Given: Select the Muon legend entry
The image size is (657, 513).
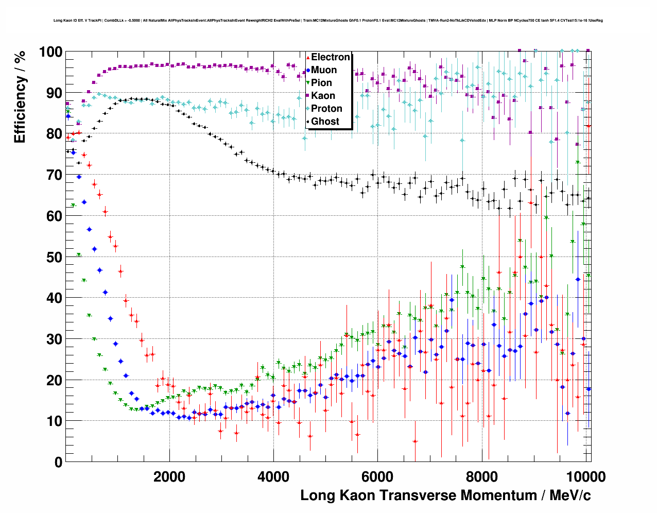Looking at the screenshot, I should [324, 70].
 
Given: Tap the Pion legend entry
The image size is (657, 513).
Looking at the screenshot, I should [321, 83].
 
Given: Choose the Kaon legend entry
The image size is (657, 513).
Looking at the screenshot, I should [323, 96].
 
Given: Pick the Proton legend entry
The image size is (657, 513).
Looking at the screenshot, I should [326, 109].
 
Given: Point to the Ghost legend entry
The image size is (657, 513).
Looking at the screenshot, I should [325, 122].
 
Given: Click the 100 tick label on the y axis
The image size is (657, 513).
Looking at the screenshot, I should [51, 52].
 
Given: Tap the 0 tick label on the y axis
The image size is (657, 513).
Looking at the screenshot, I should [58, 462].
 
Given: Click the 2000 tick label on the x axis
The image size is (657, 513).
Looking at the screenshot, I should [169, 477].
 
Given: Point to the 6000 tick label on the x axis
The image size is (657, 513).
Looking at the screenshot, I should [377, 477].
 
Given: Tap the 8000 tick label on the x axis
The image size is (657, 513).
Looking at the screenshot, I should [481, 477].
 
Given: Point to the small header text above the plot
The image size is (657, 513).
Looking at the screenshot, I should [328, 21].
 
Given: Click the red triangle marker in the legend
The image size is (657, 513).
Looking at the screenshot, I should [308, 57].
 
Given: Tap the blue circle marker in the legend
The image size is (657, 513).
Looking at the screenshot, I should [308, 70].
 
